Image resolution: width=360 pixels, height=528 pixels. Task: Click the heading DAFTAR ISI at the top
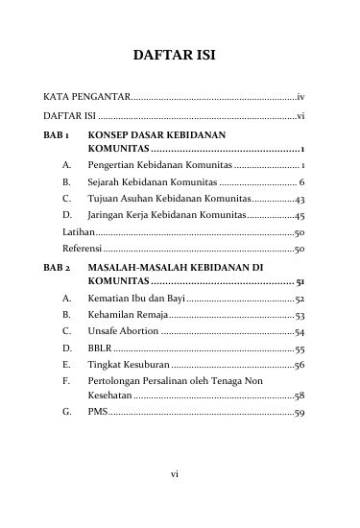(x=180, y=57)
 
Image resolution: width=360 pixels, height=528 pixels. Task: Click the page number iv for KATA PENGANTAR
(x=300, y=98)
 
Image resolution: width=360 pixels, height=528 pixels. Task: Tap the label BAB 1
(x=58, y=135)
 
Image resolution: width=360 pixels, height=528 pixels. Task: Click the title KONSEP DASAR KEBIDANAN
(x=156, y=135)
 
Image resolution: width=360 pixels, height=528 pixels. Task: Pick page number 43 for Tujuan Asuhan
(x=300, y=199)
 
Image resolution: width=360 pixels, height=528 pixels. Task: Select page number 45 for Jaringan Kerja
(x=300, y=215)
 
